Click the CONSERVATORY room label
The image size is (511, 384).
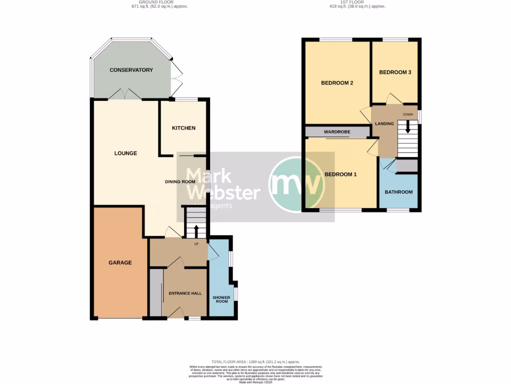point(131,70)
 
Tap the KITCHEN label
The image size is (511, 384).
point(184,128)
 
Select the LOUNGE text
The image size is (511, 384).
point(125,153)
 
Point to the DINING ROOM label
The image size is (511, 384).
point(180,181)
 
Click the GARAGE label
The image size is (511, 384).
point(120,262)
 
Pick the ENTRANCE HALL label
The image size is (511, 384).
point(185,293)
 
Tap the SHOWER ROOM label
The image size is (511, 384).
point(221,299)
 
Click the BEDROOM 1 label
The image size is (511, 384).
point(341,174)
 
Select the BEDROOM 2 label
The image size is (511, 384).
point(337,83)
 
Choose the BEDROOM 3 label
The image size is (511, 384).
point(395,72)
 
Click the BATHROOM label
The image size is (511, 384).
point(398,192)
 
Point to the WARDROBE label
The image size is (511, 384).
point(337,132)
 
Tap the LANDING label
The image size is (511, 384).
point(384,124)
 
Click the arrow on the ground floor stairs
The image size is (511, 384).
point(196,231)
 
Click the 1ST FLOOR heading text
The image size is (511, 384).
point(357,2)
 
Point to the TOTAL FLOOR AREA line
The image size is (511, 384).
point(255,361)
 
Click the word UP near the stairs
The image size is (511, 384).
point(197,244)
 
